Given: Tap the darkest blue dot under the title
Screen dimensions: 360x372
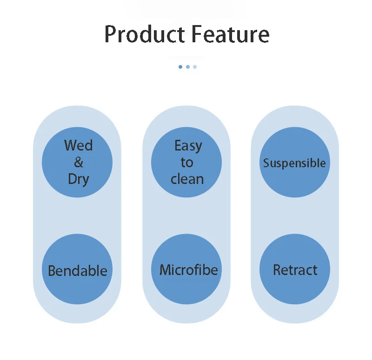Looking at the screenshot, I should pyautogui.click(x=180, y=67).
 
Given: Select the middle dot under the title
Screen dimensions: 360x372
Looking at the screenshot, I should pyautogui.click(x=187, y=67).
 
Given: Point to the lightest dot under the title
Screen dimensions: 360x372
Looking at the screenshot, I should pyautogui.click(x=195, y=67).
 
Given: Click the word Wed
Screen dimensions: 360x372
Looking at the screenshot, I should pyautogui.click(x=78, y=145).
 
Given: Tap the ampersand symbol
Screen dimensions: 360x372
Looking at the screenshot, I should pyautogui.click(x=79, y=162).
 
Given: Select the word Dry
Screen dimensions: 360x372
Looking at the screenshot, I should pyautogui.click(x=78, y=179).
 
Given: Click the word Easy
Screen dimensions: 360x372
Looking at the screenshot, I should pyautogui.click(x=188, y=146).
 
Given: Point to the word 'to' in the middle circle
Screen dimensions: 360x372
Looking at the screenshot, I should pyautogui.click(x=187, y=163).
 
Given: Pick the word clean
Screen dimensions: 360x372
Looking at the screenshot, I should pyautogui.click(x=187, y=179).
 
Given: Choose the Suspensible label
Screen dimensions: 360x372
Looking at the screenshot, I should pyautogui.click(x=294, y=163).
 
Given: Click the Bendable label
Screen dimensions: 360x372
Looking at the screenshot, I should pyautogui.click(x=77, y=270).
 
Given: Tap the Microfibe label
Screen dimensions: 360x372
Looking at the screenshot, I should pyautogui.click(x=188, y=270).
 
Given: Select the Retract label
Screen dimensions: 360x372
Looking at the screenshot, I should pyautogui.click(x=295, y=270).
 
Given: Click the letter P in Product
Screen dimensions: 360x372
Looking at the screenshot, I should pyautogui.click(x=110, y=34).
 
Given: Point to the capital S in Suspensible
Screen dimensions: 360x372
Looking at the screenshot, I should pyautogui.click(x=266, y=163).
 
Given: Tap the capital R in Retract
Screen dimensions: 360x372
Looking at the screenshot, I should pyautogui.click(x=278, y=270).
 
